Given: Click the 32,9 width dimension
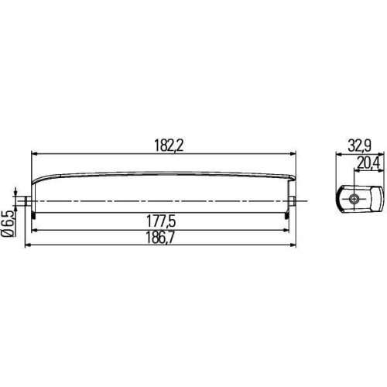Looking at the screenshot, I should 358,146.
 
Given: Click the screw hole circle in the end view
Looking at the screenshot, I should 354,199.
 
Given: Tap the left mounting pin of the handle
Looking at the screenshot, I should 28,200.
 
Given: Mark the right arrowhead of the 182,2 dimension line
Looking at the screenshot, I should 291,154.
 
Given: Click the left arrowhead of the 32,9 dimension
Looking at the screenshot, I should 338,154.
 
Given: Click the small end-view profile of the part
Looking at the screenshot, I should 359,199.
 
